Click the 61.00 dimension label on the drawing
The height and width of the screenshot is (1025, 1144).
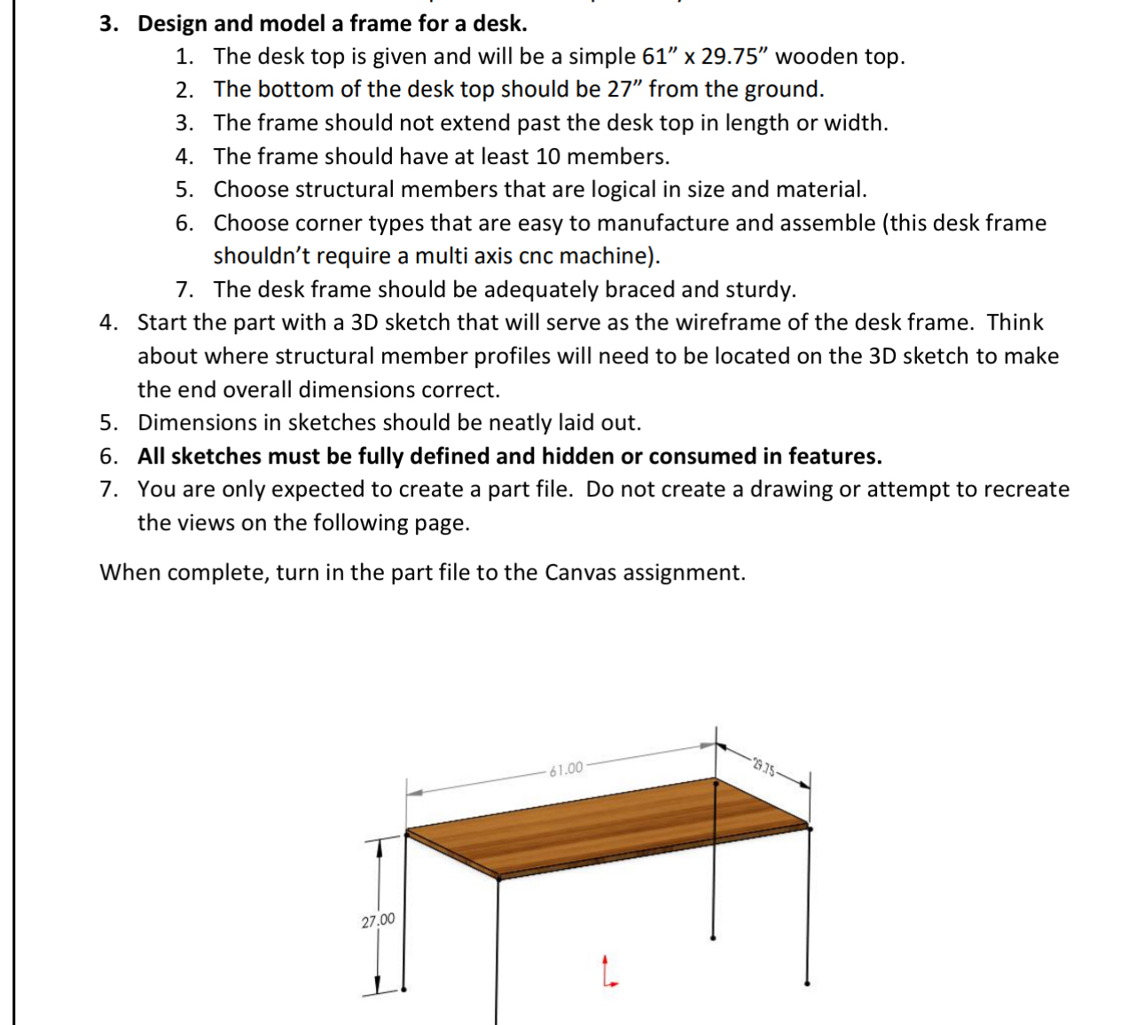click(566, 768)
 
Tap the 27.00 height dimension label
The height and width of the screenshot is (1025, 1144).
click(378, 921)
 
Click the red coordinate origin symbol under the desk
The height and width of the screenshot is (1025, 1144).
click(607, 971)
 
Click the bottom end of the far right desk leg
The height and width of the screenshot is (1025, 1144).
click(806, 982)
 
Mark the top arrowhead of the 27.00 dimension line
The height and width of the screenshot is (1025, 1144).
click(380, 846)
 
